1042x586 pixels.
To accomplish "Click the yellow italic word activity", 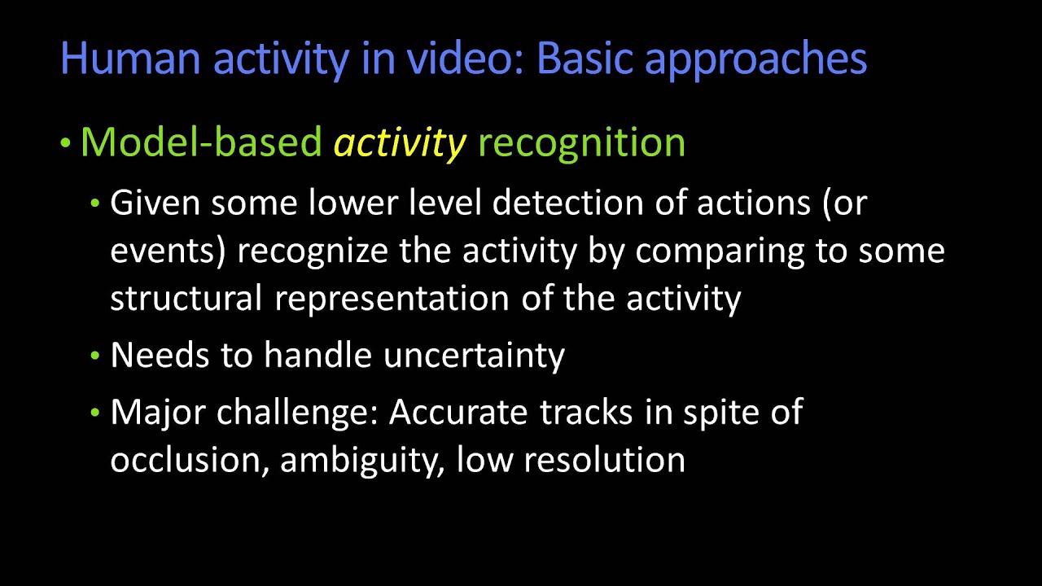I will [x=400, y=143].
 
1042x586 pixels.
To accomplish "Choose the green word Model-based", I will [x=201, y=143].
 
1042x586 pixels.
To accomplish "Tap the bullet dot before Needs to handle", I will [x=96, y=356].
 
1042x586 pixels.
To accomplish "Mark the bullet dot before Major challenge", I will [x=96, y=413].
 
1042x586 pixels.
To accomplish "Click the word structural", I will [x=186, y=298].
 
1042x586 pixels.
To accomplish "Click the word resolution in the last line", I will [x=604, y=461].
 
